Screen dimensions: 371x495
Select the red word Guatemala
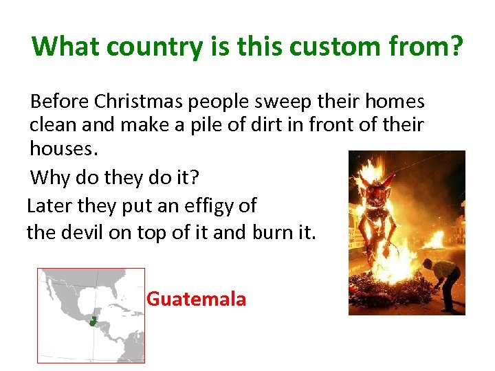point(197,300)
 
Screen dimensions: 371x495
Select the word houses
point(60,148)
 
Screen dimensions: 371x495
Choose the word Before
point(59,102)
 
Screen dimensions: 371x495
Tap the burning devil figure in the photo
point(377,206)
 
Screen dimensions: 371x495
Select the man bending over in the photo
point(443,278)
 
